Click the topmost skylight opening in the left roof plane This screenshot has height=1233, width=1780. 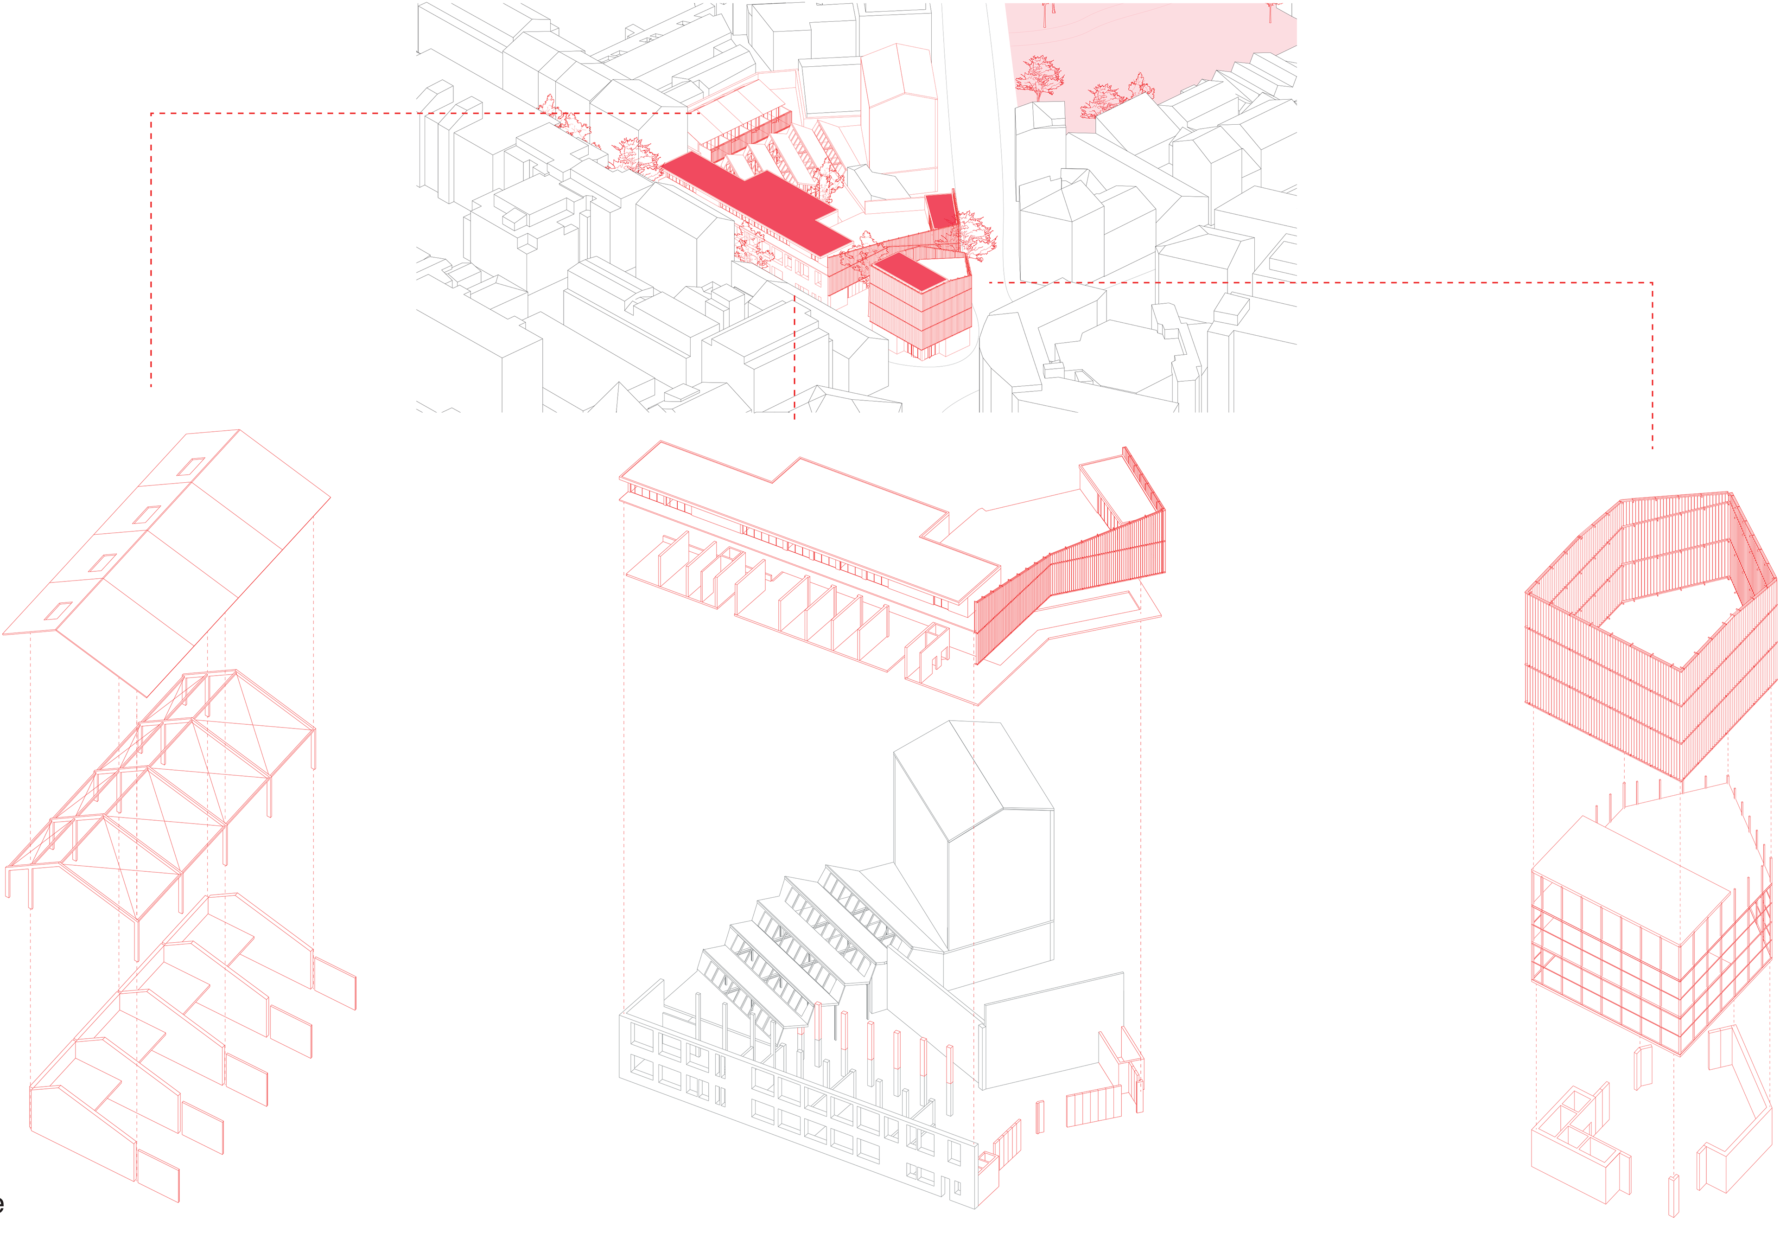(191, 466)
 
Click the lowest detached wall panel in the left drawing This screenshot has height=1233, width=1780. (159, 1174)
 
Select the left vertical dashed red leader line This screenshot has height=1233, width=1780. (152, 255)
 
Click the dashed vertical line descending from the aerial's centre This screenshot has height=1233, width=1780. (795, 355)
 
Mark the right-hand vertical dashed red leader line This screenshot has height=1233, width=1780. (1652, 363)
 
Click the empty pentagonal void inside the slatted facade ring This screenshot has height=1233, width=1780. (1668, 610)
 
